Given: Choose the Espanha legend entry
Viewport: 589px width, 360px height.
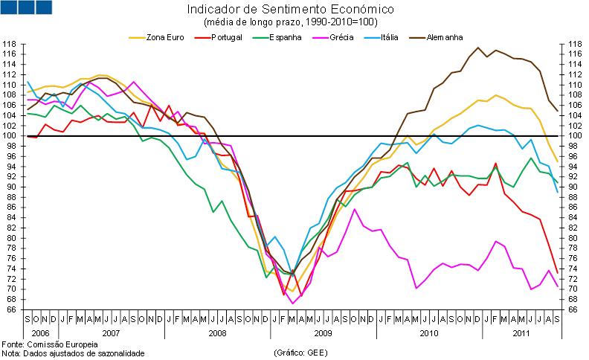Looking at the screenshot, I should [286, 36].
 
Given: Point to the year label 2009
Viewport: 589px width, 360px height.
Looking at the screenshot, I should [322, 333].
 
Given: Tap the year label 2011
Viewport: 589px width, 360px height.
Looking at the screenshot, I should [524, 333].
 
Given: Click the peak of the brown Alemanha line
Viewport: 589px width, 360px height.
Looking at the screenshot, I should [477, 48].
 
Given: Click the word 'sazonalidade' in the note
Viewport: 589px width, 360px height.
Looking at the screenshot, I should [118, 353].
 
